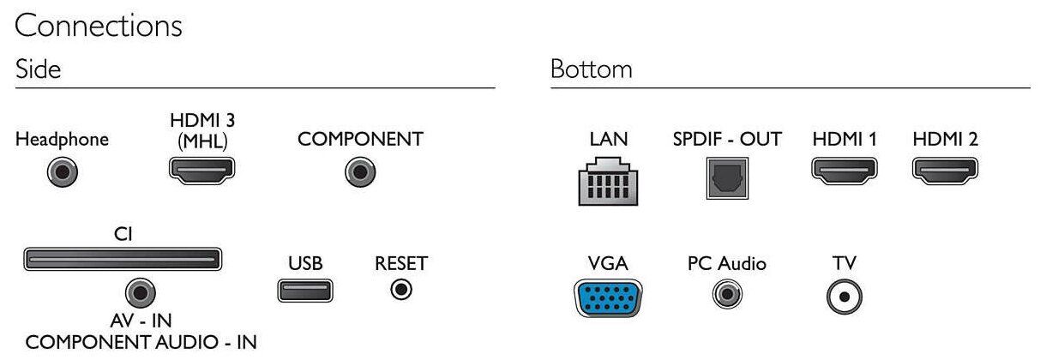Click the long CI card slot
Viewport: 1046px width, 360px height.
pyautogui.click(x=123, y=259)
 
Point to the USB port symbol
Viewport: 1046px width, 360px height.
pyautogui.click(x=305, y=291)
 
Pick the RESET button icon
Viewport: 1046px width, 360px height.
pyautogui.click(x=400, y=290)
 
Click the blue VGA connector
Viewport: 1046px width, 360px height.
pyautogui.click(x=609, y=300)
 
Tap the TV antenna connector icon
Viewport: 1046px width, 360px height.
pyautogui.click(x=844, y=297)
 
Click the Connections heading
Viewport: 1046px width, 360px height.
pyautogui.click(x=99, y=26)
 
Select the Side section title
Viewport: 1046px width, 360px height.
pyautogui.click(x=38, y=69)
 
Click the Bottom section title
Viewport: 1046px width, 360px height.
pyautogui.click(x=592, y=69)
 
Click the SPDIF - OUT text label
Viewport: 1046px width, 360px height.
pyautogui.click(x=727, y=139)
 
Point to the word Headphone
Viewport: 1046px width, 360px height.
pyautogui.click(x=63, y=140)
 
